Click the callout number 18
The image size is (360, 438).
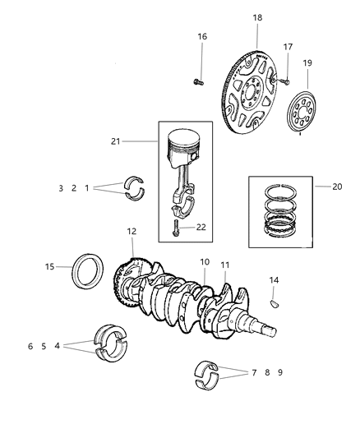pyautogui.click(x=257, y=16)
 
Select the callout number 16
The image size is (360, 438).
pyautogui.click(x=202, y=36)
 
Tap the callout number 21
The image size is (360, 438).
pyautogui.click(x=116, y=141)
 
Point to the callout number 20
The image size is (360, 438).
pyautogui.click(x=338, y=187)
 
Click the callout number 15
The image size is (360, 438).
pyautogui.click(x=50, y=266)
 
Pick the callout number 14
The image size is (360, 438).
pyautogui.click(x=275, y=281)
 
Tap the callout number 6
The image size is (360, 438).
pyautogui.click(x=30, y=346)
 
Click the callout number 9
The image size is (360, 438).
pyautogui.click(x=280, y=372)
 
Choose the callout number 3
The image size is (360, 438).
pyautogui.click(x=84, y=189)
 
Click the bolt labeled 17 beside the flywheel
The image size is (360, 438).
pyautogui.click(x=282, y=81)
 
